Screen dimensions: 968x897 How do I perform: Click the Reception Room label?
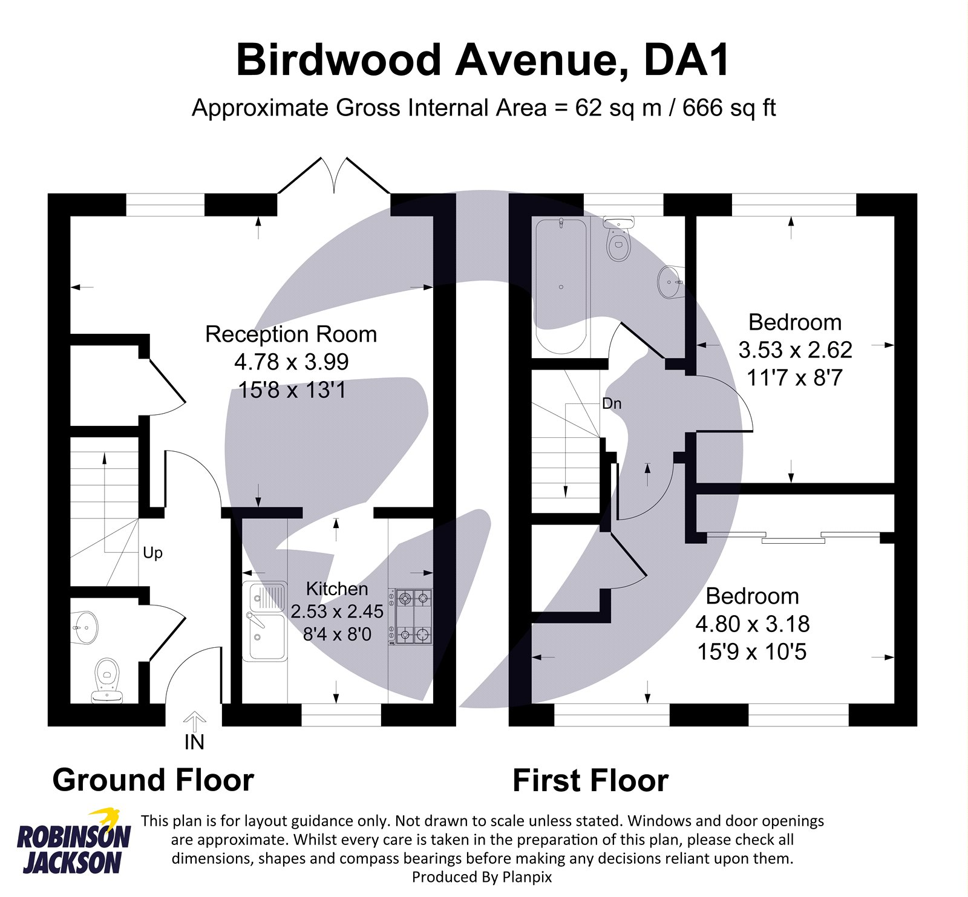point(291,334)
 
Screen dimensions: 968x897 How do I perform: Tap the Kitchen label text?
point(337,589)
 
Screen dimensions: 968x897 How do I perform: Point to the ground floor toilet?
point(107,680)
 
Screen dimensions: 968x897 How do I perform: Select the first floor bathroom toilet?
point(618,238)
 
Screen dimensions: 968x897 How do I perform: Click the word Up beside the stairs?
point(152,553)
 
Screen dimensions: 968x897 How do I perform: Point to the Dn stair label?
point(612,403)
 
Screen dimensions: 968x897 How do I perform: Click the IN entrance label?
point(194,742)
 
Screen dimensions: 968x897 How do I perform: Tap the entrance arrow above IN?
point(194,722)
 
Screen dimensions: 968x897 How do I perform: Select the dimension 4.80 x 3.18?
point(752,624)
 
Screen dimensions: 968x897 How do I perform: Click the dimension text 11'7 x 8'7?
point(794,377)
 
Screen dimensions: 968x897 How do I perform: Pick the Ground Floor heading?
point(153,780)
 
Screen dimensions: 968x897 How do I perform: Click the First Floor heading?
point(590,780)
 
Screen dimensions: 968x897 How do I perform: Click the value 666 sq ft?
point(729,108)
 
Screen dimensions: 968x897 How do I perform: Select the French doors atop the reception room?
point(334,175)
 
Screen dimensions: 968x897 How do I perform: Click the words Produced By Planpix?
point(482,876)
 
